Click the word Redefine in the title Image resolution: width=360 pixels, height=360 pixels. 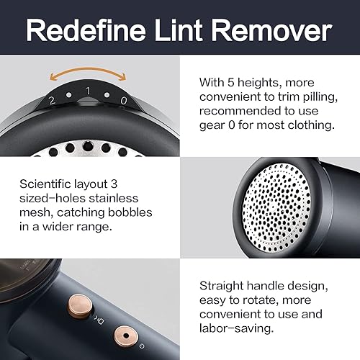(x=86, y=30)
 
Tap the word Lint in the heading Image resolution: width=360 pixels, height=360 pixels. (x=179, y=30)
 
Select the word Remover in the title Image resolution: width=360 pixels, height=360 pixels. (x=271, y=30)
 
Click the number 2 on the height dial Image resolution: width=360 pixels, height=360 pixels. (x=52, y=101)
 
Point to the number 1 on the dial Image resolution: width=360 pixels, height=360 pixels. (x=88, y=91)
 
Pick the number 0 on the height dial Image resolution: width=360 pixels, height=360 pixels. (x=123, y=101)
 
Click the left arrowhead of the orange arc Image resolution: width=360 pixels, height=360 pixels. (x=53, y=76)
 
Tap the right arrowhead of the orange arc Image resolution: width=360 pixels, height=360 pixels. (x=122, y=76)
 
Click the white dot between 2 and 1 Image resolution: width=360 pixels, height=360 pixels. (x=69, y=95)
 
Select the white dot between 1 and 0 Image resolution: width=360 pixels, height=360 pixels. (x=107, y=95)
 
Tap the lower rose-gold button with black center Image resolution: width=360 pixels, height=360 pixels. (x=126, y=336)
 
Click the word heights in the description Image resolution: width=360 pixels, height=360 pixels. (x=260, y=83)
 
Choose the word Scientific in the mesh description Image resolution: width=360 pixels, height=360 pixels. (x=45, y=184)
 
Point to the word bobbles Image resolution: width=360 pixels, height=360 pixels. (x=130, y=212)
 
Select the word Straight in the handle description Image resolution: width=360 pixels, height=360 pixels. (x=221, y=286)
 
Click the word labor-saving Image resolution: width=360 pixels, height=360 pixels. (x=236, y=328)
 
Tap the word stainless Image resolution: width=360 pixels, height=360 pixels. (x=114, y=198)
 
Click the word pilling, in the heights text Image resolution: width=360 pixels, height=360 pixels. (x=320, y=97)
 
